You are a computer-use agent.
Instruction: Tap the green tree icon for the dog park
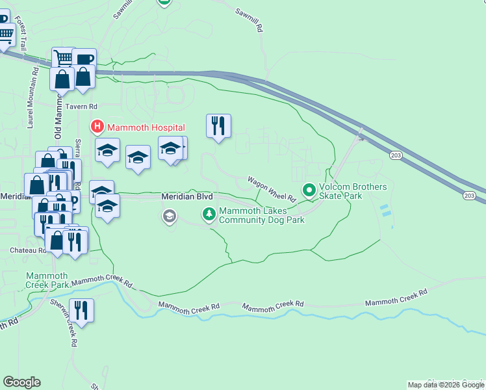coord(209,213)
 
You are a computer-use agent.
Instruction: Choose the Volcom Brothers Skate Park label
coord(352,191)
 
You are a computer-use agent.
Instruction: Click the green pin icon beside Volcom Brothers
coord(309,191)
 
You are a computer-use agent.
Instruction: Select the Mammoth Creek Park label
coord(47,280)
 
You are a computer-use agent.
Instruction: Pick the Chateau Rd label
coord(28,250)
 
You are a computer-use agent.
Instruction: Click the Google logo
coord(21,382)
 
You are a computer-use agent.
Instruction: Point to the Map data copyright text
coord(446,385)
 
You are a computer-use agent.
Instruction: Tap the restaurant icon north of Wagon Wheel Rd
coord(218,125)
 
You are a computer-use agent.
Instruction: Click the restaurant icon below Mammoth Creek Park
coord(81,309)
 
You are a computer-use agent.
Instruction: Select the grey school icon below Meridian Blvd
coord(170,216)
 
